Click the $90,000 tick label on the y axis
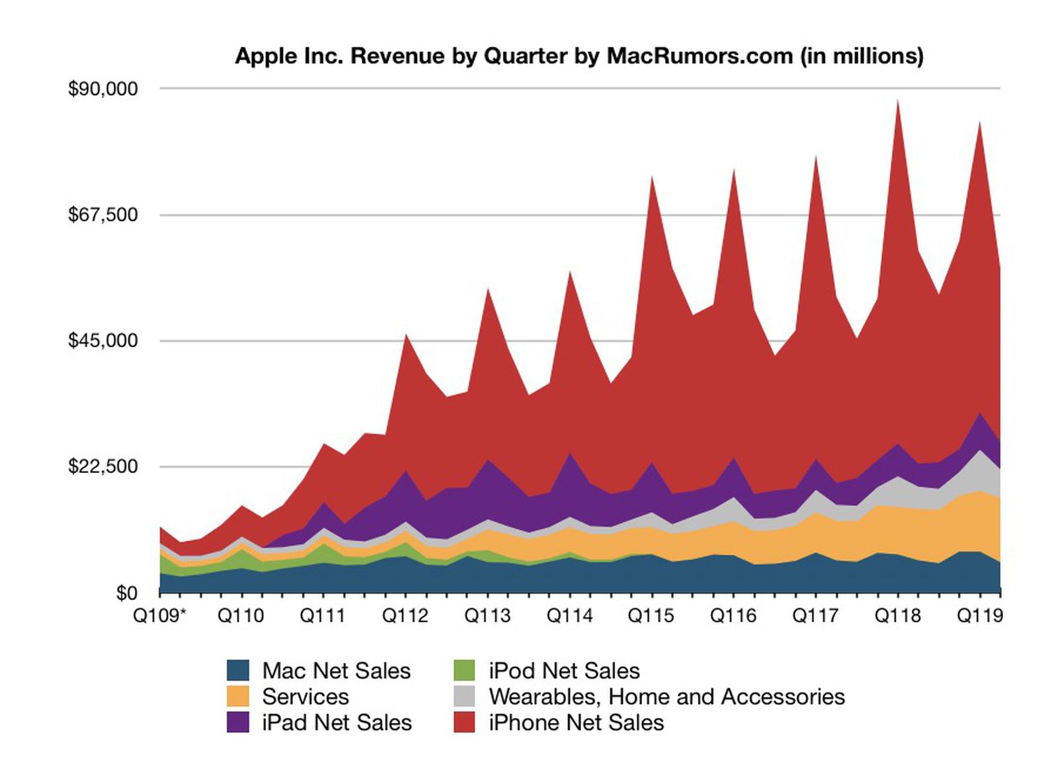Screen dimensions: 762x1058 click(102, 89)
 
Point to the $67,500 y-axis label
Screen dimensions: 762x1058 click(102, 215)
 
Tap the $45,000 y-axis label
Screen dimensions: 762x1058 click(102, 341)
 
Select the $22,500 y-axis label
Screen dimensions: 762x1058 click(102, 466)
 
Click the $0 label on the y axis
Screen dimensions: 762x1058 click(126, 593)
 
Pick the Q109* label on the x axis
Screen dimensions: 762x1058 click(160, 616)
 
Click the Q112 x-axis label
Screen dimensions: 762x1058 click(405, 616)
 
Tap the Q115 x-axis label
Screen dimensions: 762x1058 click(651, 616)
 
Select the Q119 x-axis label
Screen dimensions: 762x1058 click(980, 616)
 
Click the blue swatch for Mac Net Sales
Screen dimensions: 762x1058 click(238, 671)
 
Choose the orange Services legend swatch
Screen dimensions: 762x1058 click(238, 697)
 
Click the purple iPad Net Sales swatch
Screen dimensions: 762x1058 click(238, 722)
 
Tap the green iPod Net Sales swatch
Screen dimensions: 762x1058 click(464, 671)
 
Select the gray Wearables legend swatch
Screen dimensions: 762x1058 click(464, 697)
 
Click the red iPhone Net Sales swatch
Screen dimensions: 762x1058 click(464, 722)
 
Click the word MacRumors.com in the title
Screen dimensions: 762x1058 click(700, 56)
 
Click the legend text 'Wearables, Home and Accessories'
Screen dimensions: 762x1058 click(667, 697)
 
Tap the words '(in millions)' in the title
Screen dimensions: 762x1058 click(862, 56)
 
